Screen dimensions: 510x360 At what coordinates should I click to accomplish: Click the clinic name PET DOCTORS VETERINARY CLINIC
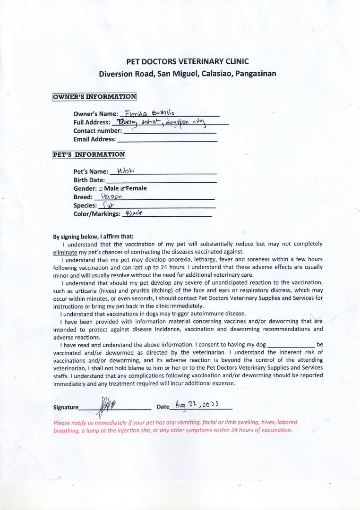click(187, 61)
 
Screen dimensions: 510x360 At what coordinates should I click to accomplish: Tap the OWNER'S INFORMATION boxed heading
click(94, 97)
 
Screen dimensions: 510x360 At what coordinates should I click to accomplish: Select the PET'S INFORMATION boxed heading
click(89, 154)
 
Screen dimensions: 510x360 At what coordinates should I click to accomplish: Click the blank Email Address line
click(167, 140)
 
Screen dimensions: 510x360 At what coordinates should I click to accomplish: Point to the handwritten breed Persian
click(111, 196)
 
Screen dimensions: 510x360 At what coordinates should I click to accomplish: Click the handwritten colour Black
click(133, 213)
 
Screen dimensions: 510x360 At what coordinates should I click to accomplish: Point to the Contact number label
click(97, 131)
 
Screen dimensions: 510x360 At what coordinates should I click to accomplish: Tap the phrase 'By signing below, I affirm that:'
click(94, 237)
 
